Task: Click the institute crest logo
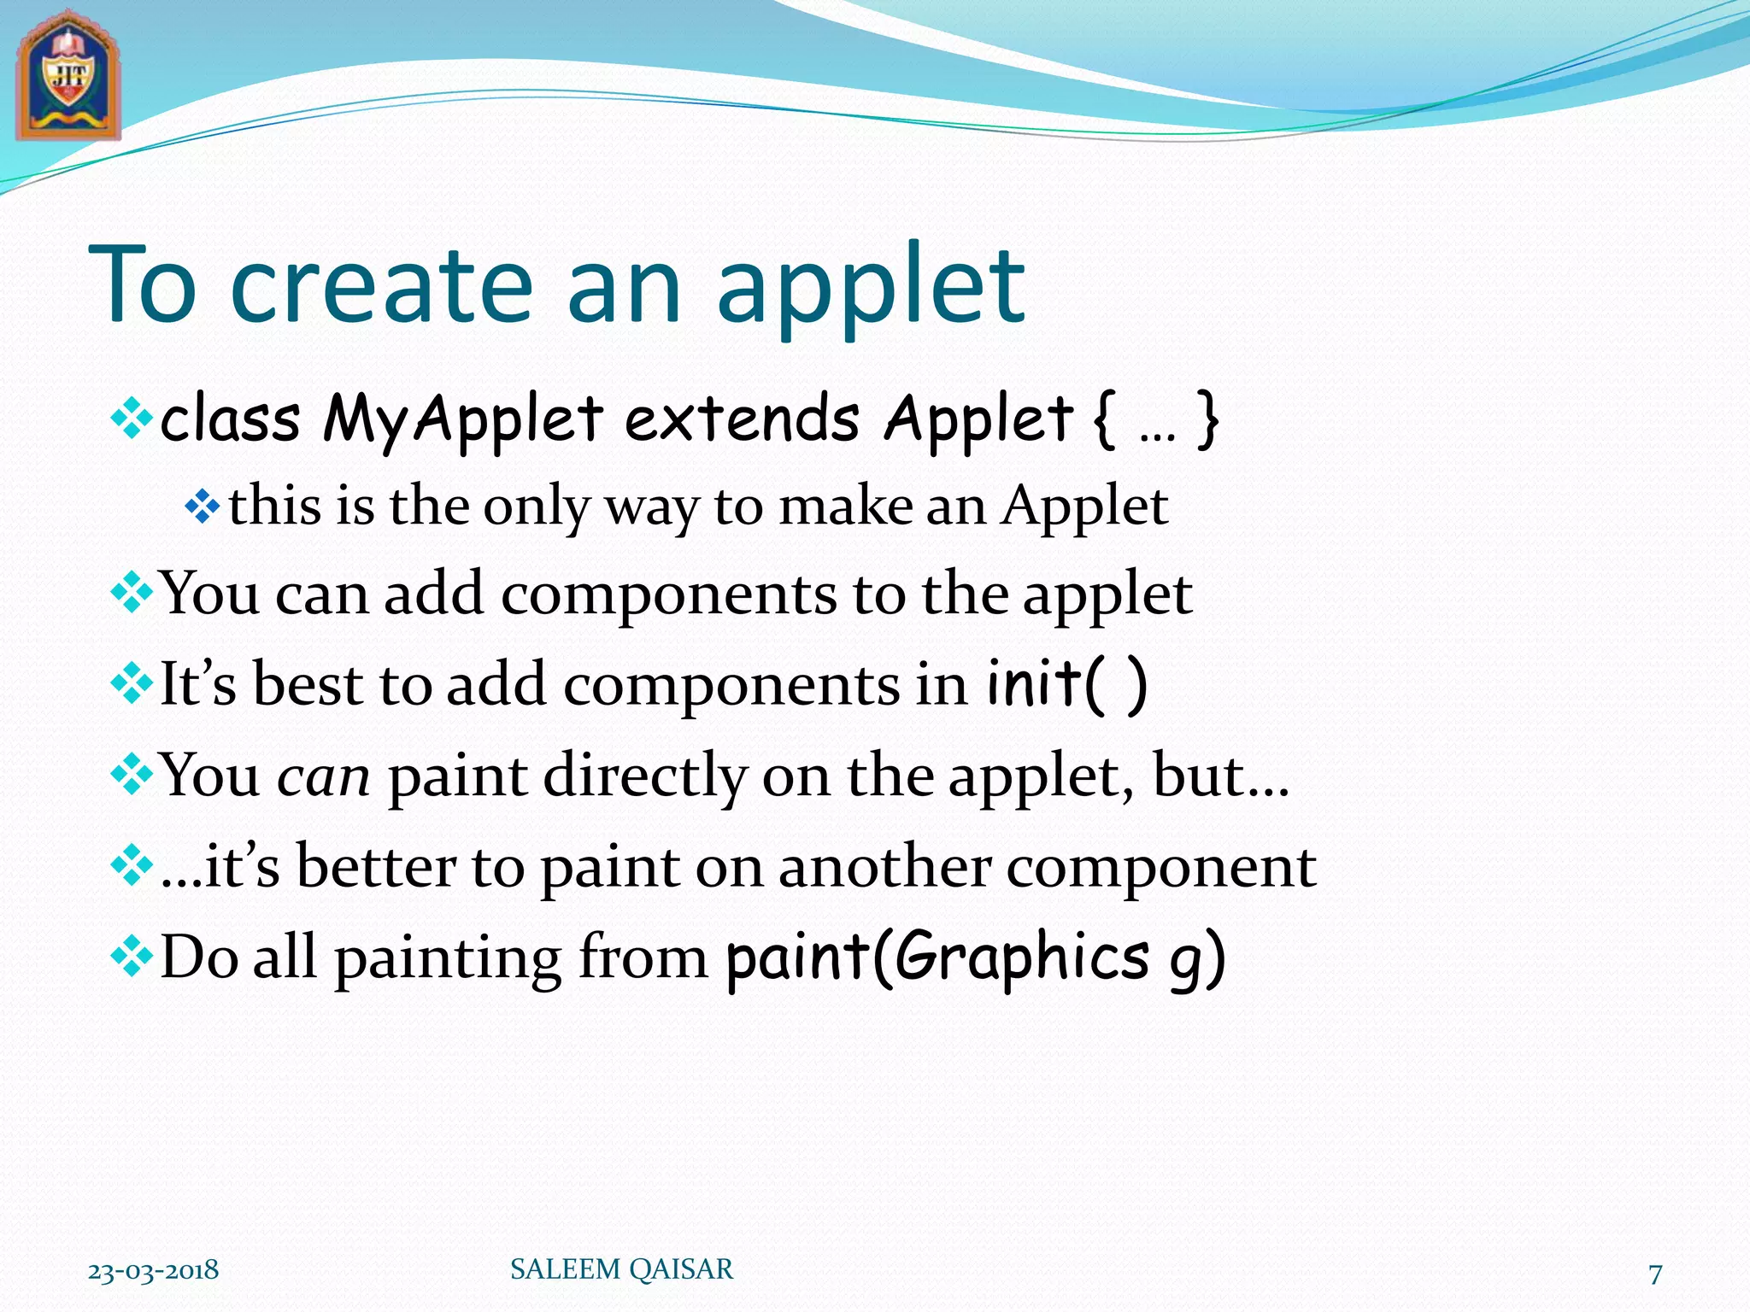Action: click(68, 77)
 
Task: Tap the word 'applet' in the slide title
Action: click(871, 290)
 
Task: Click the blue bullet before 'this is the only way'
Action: click(203, 507)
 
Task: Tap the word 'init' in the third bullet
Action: click(1034, 683)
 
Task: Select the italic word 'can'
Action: click(324, 778)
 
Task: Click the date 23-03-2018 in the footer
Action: click(154, 1270)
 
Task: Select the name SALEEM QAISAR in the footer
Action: click(621, 1269)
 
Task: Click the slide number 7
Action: click(1655, 1274)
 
